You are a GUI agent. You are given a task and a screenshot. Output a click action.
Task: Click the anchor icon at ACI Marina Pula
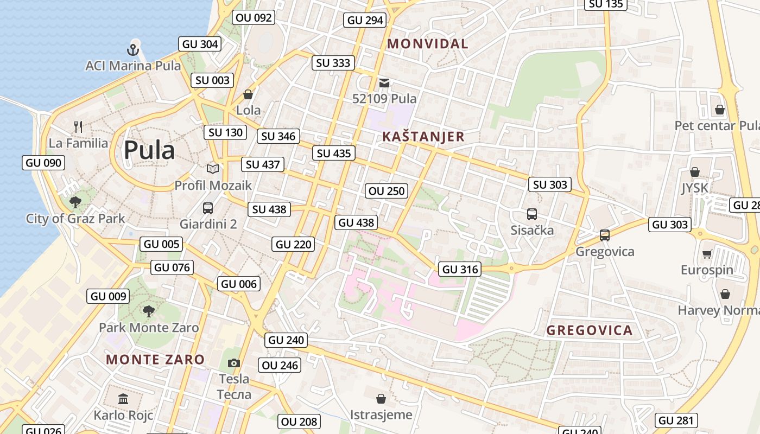pyautogui.click(x=133, y=50)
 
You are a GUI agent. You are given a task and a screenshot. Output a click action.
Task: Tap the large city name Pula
pyautogui.click(x=149, y=150)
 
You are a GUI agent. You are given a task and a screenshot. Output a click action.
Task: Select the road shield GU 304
pyautogui.click(x=200, y=44)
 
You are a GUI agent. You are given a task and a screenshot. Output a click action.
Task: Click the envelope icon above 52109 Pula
pyautogui.click(x=384, y=83)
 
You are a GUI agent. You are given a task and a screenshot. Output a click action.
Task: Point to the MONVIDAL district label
pyautogui.click(x=428, y=44)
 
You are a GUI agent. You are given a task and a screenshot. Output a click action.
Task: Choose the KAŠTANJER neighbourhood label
pyautogui.click(x=423, y=137)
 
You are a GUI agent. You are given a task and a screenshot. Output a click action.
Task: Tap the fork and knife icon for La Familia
pyautogui.click(x=79, y=127)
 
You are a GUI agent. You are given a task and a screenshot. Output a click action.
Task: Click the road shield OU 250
pyautogui.click(x=387, y=190)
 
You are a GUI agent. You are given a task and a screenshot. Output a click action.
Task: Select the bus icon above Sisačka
pyautogui.click(x=532, y=214)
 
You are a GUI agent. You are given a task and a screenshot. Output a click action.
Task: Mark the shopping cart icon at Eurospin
pyautogui.click(x=707, y=254)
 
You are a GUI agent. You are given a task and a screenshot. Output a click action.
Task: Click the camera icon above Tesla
pyautogui.click(x=234, y=363)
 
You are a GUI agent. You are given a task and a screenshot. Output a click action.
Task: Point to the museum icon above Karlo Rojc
pyautogui.click(x=123, y=399)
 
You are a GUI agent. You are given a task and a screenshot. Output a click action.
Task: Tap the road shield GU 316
pyautogui.click(x=460, y=269)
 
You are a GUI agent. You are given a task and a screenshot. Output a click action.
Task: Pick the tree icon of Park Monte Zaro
pyautogui.click(x=148, y=311)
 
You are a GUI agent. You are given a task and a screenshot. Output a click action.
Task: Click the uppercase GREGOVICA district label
pyautogui.click(x=590, y=330)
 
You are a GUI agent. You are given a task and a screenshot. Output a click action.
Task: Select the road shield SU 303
pyautogui.click(x=550, y=184)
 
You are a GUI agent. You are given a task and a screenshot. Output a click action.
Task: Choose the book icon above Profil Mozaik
pyautogui.click(x=213, y=169)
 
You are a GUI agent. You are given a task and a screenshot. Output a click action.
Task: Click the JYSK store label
pyautogui.click(x=695, y=188)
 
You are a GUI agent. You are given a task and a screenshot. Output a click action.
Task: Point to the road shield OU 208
pyautogui.click(x=299, y=422)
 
